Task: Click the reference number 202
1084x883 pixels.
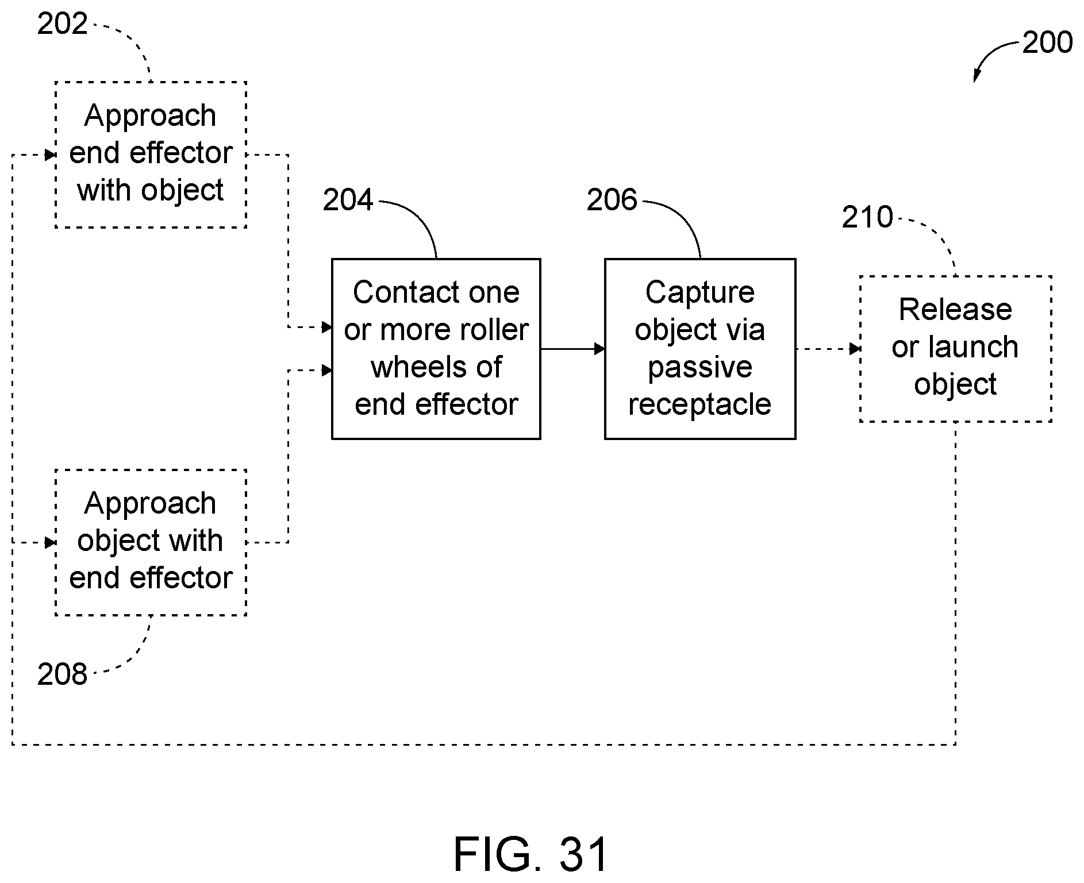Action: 62,24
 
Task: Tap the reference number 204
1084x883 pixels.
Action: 348,200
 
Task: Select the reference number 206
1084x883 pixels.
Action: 612,200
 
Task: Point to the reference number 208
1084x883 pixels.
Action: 62,674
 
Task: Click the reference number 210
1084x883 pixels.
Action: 867,217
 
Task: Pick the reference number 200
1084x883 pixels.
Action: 1047,43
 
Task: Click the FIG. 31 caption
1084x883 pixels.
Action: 531,854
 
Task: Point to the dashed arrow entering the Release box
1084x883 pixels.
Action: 828,349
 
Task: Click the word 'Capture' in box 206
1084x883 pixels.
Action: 699,293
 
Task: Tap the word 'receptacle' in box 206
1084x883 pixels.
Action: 699,404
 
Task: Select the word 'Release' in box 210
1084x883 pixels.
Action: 955,310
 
